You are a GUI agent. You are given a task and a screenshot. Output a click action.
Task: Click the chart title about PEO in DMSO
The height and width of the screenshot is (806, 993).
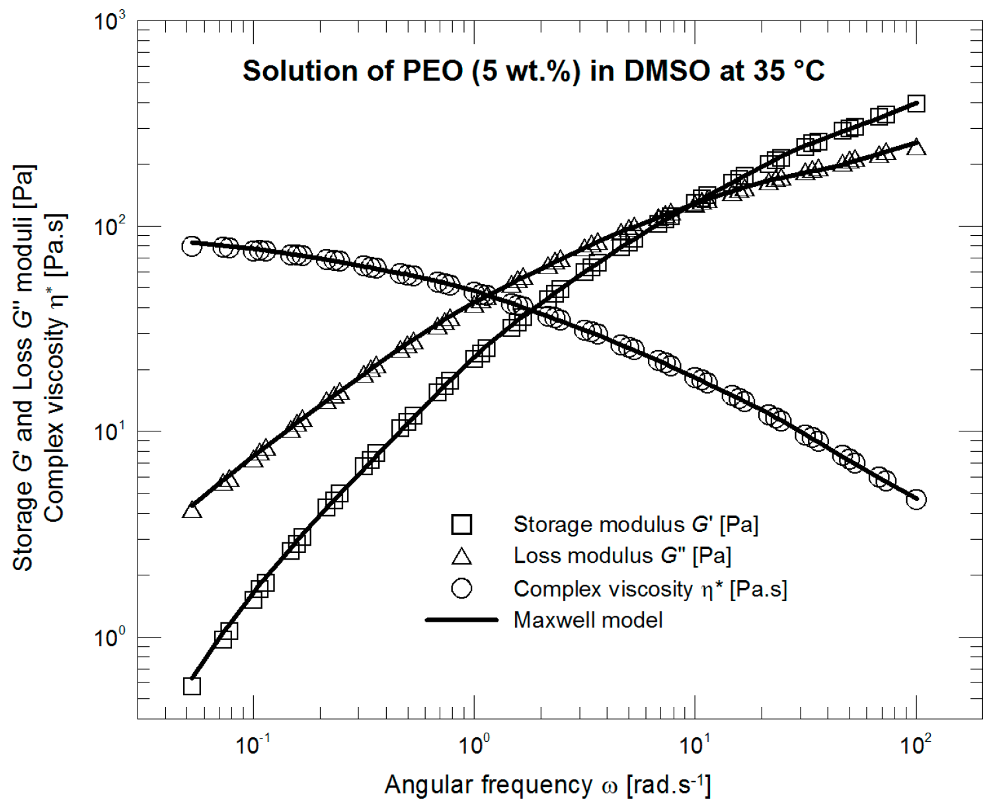[x=533, y=71]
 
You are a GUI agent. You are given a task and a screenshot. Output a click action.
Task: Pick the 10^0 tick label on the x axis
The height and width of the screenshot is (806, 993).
[x=473, y=745]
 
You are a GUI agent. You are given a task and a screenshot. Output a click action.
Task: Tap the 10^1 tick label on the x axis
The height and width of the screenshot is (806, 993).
[x=694, y=745]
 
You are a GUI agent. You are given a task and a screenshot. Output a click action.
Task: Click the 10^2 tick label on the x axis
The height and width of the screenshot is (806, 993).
[x=915, y=745]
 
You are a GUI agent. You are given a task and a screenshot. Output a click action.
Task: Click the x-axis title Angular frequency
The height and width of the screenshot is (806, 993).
[x=547, y=785]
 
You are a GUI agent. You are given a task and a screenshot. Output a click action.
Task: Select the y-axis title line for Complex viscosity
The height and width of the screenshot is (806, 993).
[x=55, y=367]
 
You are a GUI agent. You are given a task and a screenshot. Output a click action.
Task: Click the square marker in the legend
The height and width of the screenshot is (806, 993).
[x=461, y=525]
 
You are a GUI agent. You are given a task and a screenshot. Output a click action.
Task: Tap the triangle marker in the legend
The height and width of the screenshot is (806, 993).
[x=461, y=557]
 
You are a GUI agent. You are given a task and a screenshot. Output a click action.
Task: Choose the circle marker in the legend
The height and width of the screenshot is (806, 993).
[x=461, y=588]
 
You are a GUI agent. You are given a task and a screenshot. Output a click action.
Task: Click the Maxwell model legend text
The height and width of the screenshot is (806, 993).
[x=588, y=620]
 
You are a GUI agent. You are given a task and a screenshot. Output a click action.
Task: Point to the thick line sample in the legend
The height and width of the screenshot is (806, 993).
[x=461, y=620]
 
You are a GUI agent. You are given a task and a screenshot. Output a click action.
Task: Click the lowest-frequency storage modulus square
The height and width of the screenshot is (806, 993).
[x=192, y=686]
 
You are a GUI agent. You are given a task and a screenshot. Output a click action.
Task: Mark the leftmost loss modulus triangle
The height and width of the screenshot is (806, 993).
[x=192, y=510]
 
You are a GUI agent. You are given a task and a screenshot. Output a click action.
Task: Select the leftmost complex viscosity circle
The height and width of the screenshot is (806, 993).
[x=192, y=246]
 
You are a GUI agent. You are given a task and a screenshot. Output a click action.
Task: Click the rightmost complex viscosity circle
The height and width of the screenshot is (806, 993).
[x=916, y=499]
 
